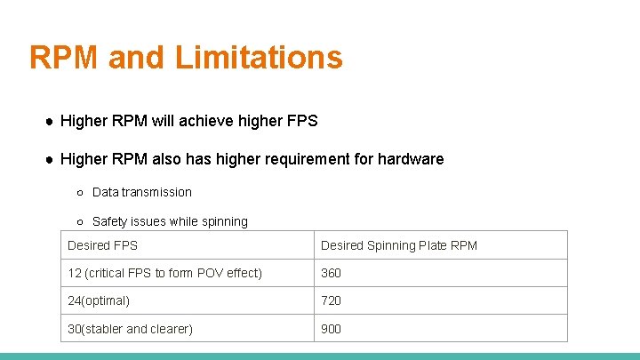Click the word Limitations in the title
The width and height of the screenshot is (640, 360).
coord(259,57)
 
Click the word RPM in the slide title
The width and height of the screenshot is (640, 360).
coord(64,57)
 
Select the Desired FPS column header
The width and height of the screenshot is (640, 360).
coord(103,245)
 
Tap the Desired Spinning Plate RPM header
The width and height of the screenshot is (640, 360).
coord(398,245)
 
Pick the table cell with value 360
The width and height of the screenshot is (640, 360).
coord(331,273)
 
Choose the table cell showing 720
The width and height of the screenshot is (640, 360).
coord(331,300)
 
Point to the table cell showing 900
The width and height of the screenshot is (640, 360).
coord(331,329)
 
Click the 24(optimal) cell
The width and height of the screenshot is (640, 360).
coord(99,300)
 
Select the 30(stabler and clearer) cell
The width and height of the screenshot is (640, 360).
coord(130,329)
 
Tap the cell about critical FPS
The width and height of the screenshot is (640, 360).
coord(164,273)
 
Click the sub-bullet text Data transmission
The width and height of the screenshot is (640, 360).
coord(141,192)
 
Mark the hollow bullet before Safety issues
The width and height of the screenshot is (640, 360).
coord(80,221)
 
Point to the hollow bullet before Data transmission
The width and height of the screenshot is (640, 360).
coord(80,192)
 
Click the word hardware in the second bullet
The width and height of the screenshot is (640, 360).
coord(410,159)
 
